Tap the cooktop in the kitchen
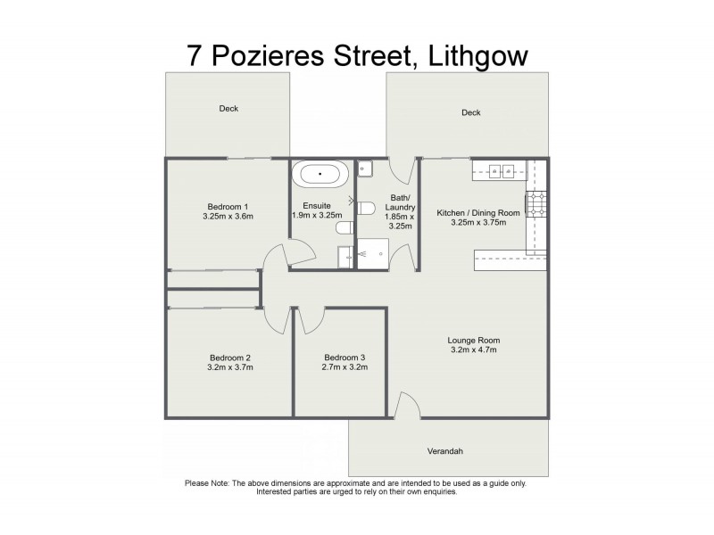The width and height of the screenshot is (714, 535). [x=536, y=205]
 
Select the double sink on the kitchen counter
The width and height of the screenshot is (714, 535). [x=497, y=169]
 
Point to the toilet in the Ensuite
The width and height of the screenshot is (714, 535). [x=345, y=229]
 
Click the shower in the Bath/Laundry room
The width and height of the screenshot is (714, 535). [x=373, y=254]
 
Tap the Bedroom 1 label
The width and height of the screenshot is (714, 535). [x=226, y=207]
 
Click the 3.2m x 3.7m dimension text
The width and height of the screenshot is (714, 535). [x=229, y=367]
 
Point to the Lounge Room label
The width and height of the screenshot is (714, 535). [x=474, y=341]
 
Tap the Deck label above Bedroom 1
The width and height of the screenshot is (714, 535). [x=229, y=109]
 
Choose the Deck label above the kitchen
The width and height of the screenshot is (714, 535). [x=471, y=112]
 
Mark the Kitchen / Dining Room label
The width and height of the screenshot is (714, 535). [x=477, y=212]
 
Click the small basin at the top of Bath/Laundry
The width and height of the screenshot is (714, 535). [x=365, y=168]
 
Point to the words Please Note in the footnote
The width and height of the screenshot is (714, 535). [x=207, y=483]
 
